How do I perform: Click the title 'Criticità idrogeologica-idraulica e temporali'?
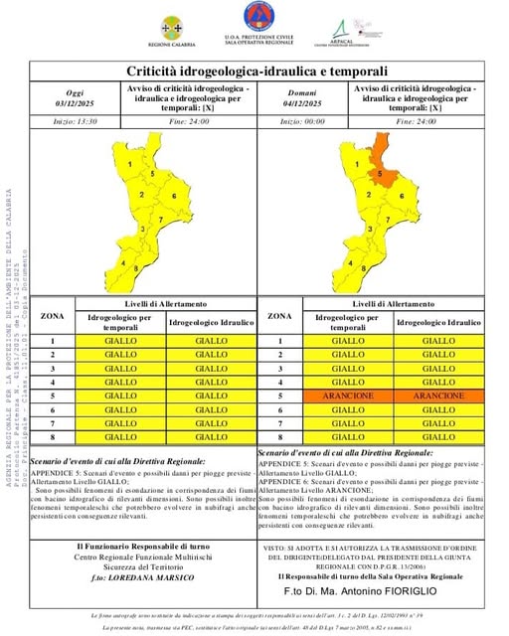click(x=255, y=72)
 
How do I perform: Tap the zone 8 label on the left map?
click(x=124, y=264)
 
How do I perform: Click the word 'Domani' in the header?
click(x=302, y=91)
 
